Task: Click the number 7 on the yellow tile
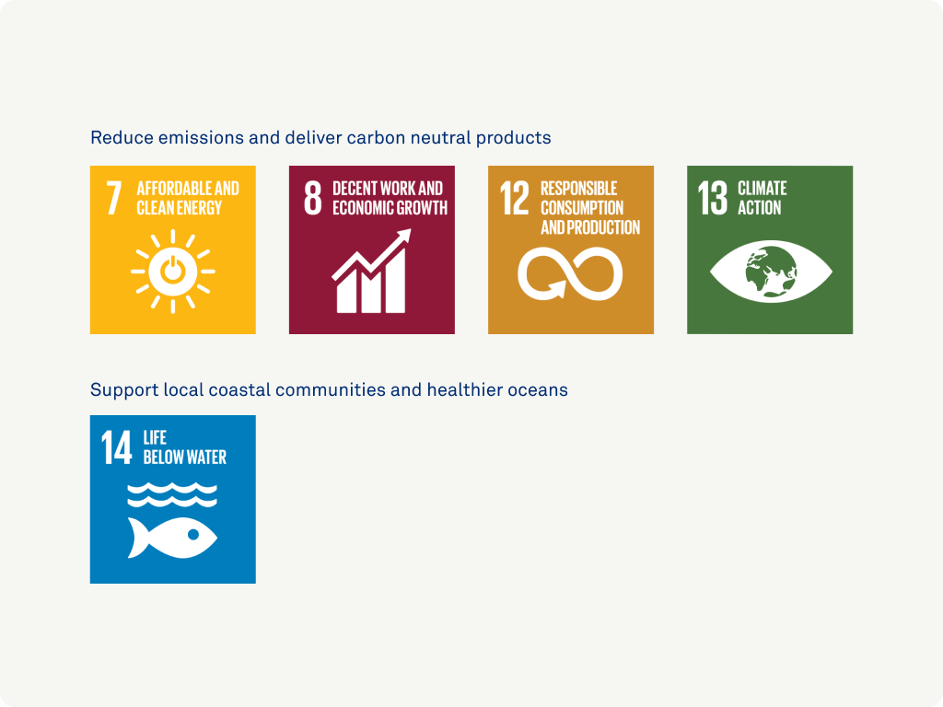113,198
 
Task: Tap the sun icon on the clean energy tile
172,272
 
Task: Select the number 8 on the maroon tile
313,198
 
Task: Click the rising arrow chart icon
372,271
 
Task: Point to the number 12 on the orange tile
515,198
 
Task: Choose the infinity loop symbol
570,274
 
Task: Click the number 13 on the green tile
713,198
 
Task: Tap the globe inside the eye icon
771,272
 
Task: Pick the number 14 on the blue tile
116,447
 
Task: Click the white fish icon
172,538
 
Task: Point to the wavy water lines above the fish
172,494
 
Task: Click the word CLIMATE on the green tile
762,188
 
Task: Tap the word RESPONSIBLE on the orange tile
578,188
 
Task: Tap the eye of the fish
193,535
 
